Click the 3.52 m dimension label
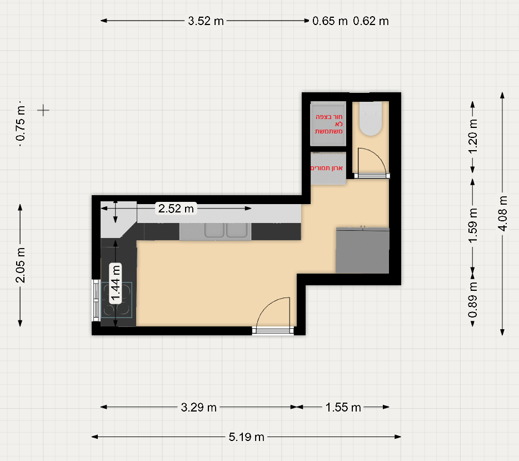[206, 21]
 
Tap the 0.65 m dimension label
[330, 21]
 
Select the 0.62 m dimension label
[371, 21]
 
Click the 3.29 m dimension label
[198, 407]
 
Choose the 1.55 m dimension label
[343, 407]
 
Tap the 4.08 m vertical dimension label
[502, 214]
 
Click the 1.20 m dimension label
[473, 136]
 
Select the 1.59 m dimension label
[473, 225]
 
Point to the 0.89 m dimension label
[473, 300]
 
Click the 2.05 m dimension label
[20, 265]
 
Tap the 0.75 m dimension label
[20, 123]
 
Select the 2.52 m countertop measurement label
[176, 209]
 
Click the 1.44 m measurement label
[115, 283]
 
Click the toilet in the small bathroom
[371, 118]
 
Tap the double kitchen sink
[226, 230]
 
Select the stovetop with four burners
[116, 300]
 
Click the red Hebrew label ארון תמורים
[326, 168]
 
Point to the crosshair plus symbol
[43, 110]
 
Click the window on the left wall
[96, 300]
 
